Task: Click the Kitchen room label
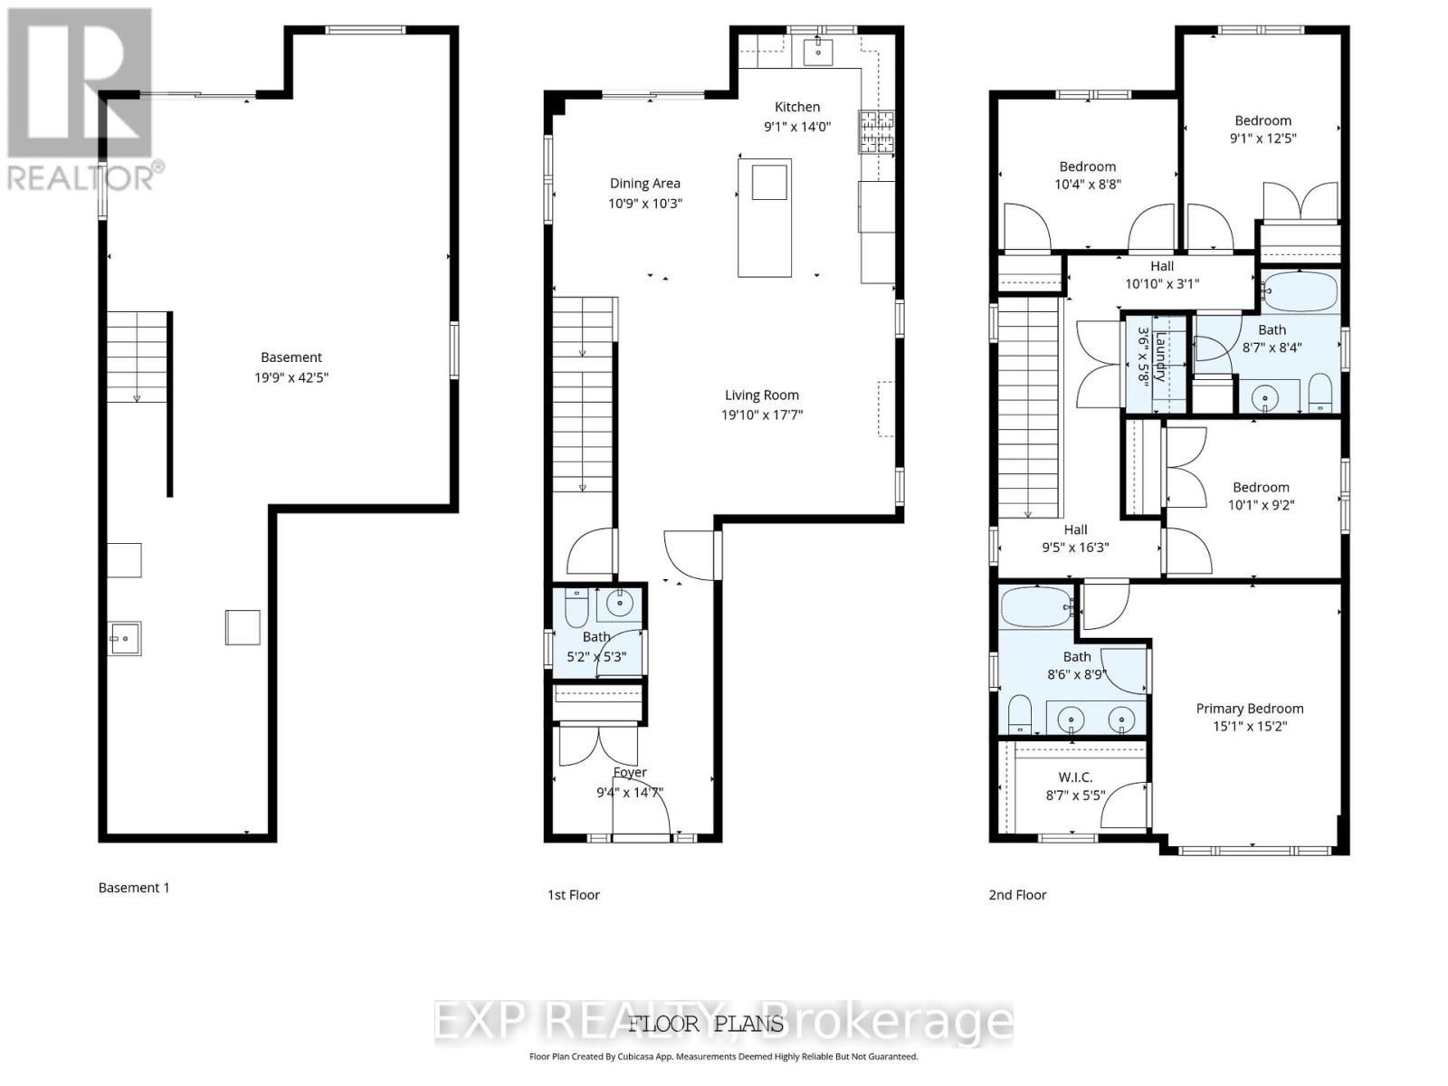pyautogui.click(x=796, y=107)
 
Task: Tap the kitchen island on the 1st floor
pyautogui.click(x=765, y=218)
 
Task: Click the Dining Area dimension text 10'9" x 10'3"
pyautogui.click(x=644, y=204)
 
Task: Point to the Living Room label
pyautogui.click(x=761, y=395)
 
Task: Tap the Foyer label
pyautogui.click(x=630, y=772)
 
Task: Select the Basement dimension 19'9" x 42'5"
pyautogui.click(x=291, y=377)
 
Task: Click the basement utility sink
pyautogui.click(x=125, y=638)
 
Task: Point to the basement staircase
pyautogui.click(x=138, y=357)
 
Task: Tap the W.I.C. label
pyautogui.click(x=1075, y=776)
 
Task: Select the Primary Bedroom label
pyautogui.click(x=1249, y=709)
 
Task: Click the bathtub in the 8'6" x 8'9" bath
pyautogui.click(x=1036, y=607)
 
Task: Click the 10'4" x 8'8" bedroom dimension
pyautogui.click(x=1087, y=185)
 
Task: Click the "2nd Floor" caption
pyautogui.click(x=1017, y=895)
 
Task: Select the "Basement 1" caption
pyautogui.click(x=134, y=888)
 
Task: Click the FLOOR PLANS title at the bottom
pyautogui.click(x=706, y=1024)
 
